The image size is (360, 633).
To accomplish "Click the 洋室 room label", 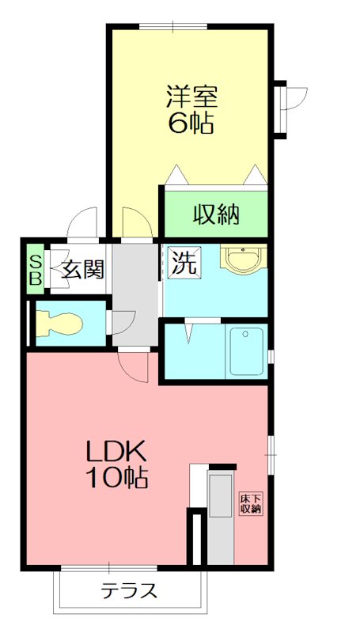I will (191, 97).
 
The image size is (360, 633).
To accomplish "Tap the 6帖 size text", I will (191, 123).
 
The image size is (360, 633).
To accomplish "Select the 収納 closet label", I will (216, 214).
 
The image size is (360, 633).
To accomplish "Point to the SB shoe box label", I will (36, 270).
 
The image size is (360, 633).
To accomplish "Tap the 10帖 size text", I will (116, 478).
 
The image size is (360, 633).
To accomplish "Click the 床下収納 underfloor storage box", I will (251, 503).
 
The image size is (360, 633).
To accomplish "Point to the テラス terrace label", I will (130, 590).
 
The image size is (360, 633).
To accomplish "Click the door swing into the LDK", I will (134, 366).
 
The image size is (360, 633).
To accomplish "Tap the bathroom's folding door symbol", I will (189, 330).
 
